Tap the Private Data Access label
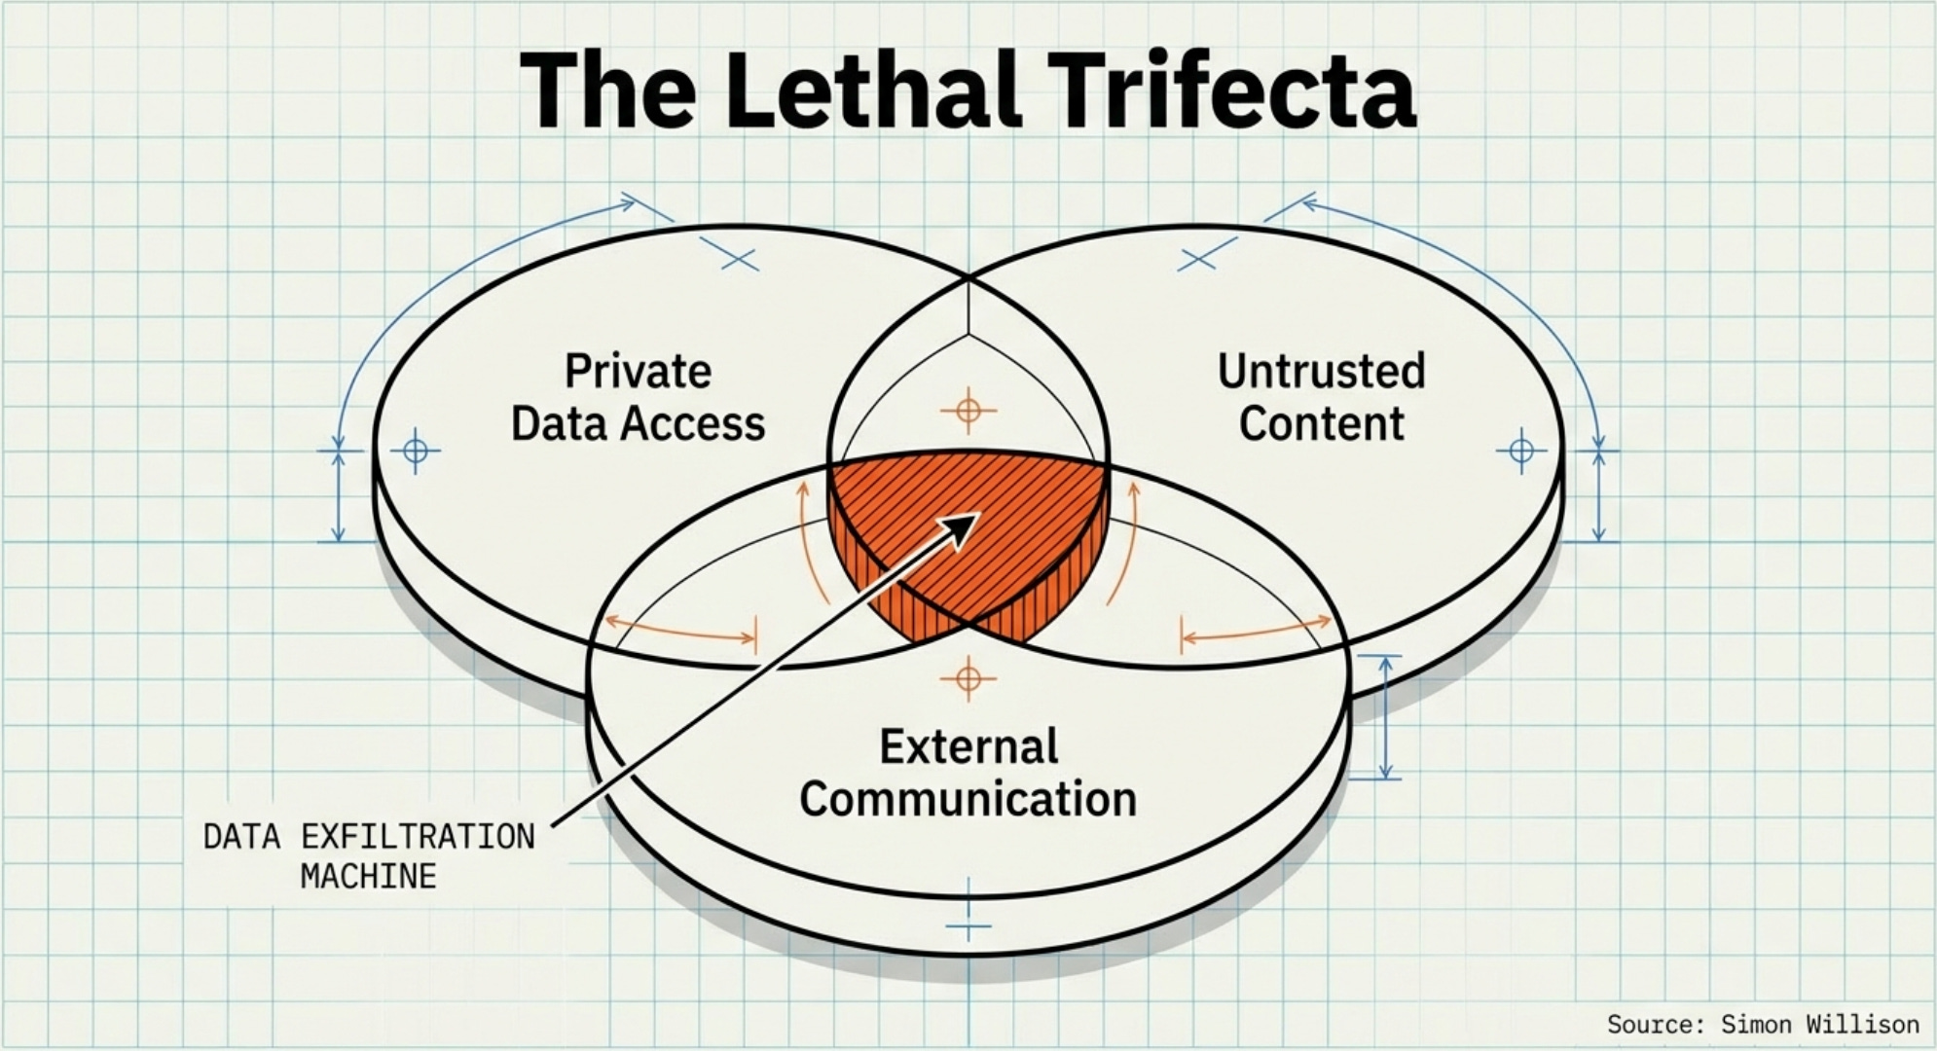coord(639,397)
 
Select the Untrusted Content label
coord(1321,397)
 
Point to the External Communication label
coord(968,773)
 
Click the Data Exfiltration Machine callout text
coord(369,856)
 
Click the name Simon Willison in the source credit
coord(1819,1024)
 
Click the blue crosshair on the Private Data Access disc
coord(416,451)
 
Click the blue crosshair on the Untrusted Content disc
coord(1521,451)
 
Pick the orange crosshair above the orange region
coord(968,411)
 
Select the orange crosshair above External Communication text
coord(968,676)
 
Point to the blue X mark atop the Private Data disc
coord(740,259)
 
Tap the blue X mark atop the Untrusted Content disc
coord(1196,259)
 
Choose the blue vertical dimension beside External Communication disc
coord(1386,717)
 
